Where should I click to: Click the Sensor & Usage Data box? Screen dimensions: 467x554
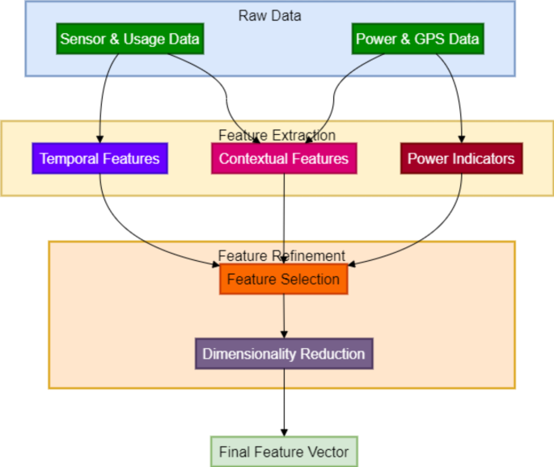click(x=129, y=39)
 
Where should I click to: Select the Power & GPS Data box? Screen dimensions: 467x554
click(x=417, y=39)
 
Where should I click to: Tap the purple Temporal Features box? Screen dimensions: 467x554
click(x=99, y=158)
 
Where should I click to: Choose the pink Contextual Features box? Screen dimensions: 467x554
click(x=283, y=158)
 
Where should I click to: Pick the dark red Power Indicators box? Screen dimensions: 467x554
click(x=461, y=158)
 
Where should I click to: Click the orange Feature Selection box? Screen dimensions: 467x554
click(x=283, y=280)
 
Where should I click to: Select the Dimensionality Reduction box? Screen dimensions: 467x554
click(x=283, y=354)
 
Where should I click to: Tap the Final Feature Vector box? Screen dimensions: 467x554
click(x=283, y=452)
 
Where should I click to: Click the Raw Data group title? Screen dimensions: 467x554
click(x=270, y=15)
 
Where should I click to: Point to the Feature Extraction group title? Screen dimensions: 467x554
click(x=277, y=135)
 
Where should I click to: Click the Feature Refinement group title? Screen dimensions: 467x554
click(x=281, y=255)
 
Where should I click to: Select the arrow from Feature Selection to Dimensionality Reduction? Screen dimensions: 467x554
click(x=283, y=315)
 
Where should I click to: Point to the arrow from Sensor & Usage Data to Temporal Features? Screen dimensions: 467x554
click(x=99, y=97)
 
